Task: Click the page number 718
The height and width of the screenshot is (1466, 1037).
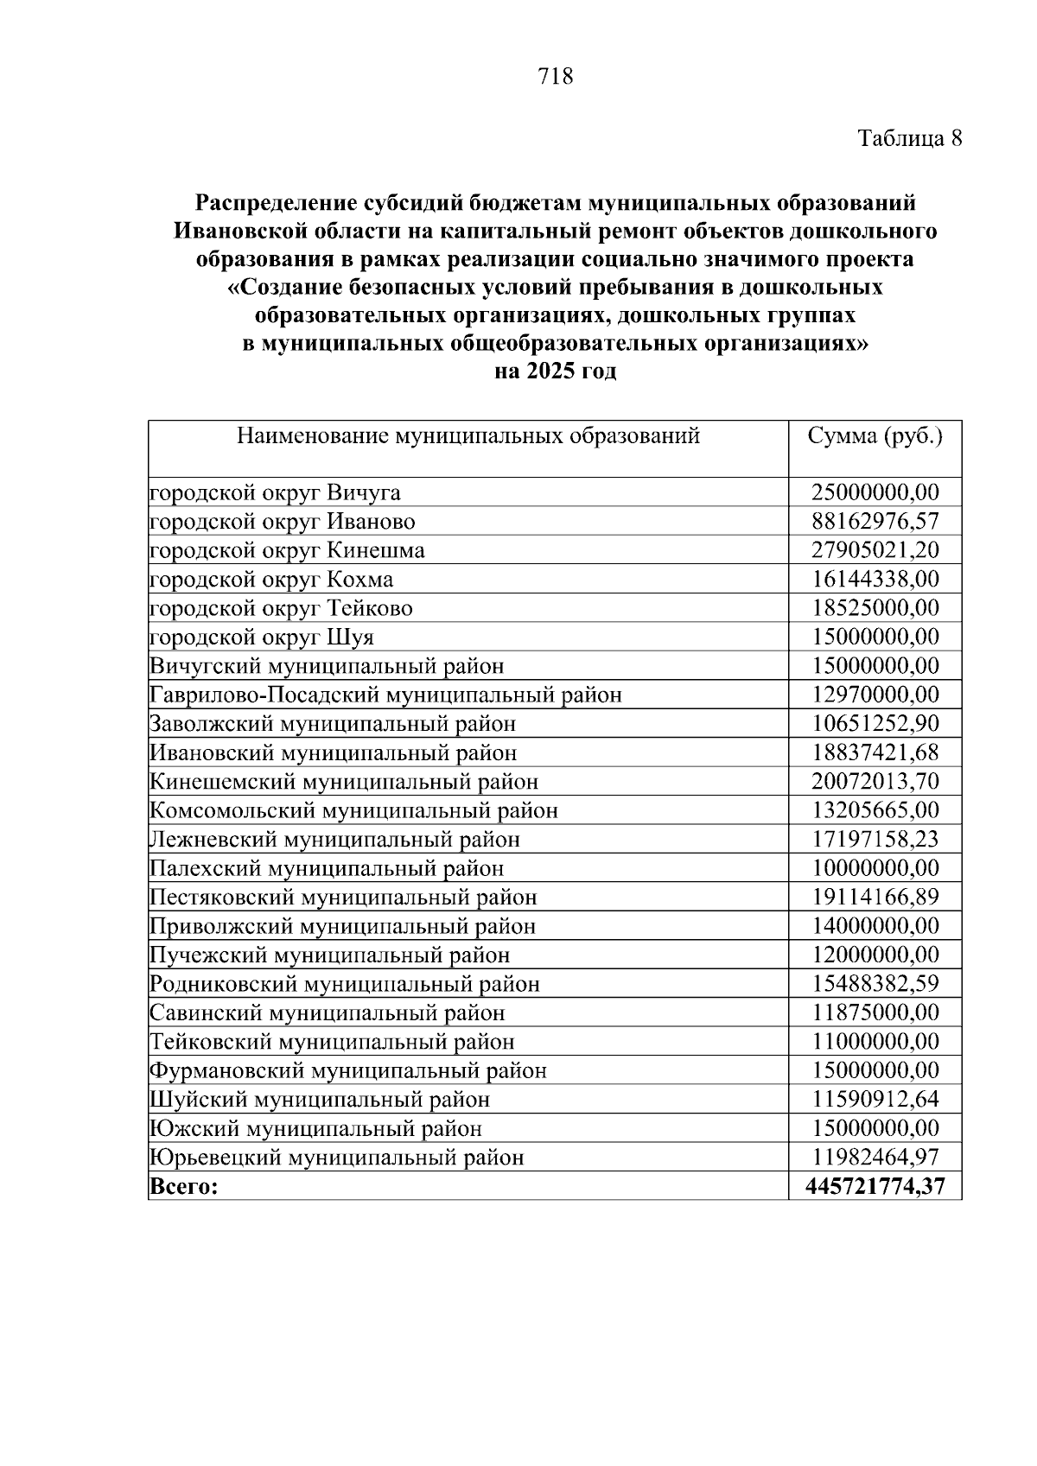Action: click(555, 77)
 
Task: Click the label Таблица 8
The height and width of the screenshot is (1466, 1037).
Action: click(909, 138)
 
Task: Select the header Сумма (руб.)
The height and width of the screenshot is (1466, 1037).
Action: click(875, 435)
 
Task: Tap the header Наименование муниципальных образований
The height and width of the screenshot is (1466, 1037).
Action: click(468, 435)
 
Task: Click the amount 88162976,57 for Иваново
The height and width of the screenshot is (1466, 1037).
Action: click(875, 522)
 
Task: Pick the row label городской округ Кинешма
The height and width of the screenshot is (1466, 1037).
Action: click(287, 550)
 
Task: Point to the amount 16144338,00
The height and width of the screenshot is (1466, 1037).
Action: click(875, 579)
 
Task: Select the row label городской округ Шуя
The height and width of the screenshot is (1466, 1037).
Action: click(262, 638)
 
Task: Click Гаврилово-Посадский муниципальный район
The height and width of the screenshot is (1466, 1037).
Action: click(385, 695)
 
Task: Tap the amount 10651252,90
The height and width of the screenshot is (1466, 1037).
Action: click(875, 724)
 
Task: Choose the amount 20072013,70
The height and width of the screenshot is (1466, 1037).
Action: click(875, 782)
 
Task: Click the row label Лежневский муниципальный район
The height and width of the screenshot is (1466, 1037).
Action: click(335, 840)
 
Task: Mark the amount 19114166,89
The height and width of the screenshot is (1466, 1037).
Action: click(875, 898)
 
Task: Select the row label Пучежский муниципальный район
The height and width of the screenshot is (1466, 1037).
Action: click(329, 955)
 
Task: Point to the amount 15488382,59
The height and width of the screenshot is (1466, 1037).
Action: click(875, 984)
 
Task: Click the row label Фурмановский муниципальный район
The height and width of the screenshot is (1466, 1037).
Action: click(348, 1071)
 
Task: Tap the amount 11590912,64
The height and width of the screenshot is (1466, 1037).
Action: click(875, 1100)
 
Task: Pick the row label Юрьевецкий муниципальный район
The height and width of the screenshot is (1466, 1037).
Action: click(337, 1158)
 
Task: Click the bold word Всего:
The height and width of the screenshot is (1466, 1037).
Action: click(184, 1187)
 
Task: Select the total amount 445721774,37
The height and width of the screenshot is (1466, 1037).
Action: click(875, 1187)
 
